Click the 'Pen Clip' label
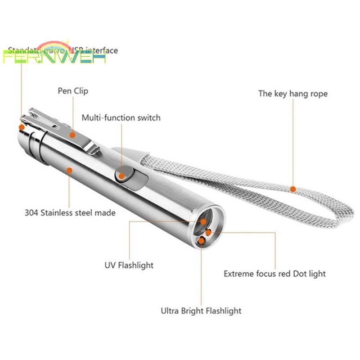pos(73,91)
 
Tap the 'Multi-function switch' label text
pos(121,118)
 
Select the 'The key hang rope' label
pos(292,94)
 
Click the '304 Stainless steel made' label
pos(70,212)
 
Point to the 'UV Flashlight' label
pos(129,265)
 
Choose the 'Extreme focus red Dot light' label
pos(274,274)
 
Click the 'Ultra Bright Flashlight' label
pos(201,310)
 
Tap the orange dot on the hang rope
pos(293,189)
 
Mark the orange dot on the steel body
pos(69,170)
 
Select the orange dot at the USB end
pos(21,128)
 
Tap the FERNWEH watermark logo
pos(54,58)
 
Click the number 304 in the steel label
pos(31,212)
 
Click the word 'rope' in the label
pos(318,94)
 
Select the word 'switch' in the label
pos(148,118)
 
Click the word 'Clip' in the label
pos(81,91)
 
